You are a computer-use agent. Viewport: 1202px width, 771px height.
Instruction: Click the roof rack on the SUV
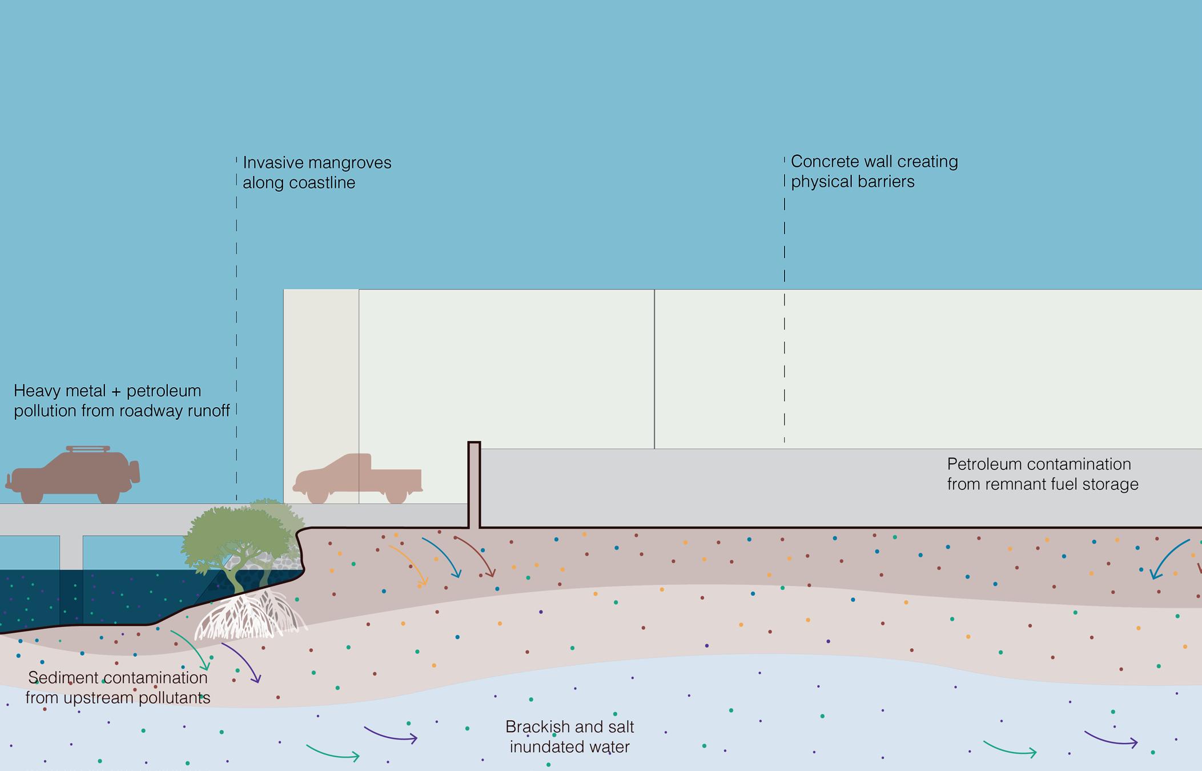point(88,449)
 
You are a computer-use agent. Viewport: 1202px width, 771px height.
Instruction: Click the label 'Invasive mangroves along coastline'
point(317,172)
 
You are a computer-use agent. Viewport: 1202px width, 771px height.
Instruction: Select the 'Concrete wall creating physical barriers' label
point(874,171)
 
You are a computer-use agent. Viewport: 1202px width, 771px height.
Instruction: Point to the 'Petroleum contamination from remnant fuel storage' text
point(1042,474)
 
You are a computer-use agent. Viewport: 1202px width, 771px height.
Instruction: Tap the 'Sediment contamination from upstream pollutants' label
point(118,688)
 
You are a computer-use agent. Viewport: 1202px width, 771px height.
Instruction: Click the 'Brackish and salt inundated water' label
point(570,737)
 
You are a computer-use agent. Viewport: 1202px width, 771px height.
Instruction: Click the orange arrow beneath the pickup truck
point(410,565)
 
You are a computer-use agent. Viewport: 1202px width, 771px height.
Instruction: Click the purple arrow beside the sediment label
point(243,662)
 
